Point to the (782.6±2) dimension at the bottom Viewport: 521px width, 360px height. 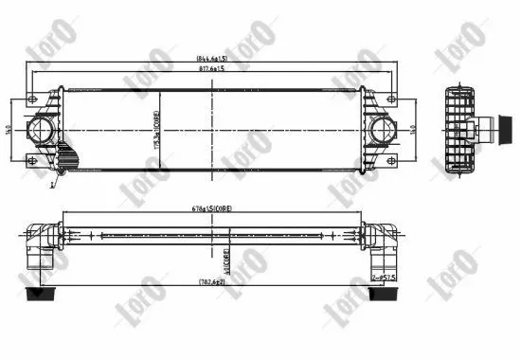point(210,282)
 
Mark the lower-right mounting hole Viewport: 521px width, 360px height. point(390,158)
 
